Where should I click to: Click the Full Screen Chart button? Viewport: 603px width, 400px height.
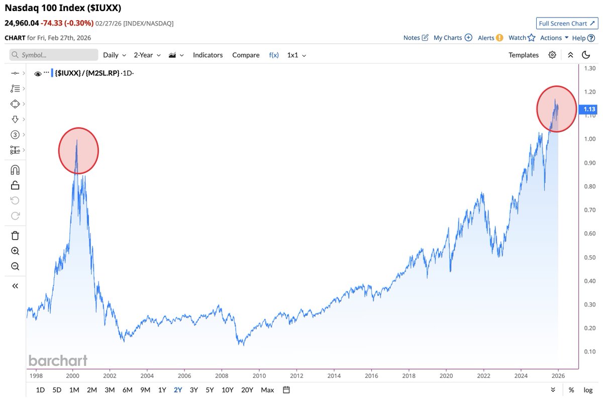(566, 24)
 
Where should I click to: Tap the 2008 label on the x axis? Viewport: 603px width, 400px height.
(222, 375)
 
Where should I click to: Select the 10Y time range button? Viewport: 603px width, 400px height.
(228, 390)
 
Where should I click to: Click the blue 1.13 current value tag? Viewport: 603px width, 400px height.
(588, 109)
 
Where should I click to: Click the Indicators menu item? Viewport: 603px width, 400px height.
(208, 55)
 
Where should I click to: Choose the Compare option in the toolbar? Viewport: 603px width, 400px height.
(246, 55)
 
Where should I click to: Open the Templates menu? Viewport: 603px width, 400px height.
(523, 55)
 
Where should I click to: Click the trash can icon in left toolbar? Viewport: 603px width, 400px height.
(15, 235)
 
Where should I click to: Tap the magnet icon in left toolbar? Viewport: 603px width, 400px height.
(15, 169)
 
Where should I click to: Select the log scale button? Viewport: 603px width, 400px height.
(588, 390)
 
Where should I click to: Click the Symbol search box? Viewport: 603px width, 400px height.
(54, 55)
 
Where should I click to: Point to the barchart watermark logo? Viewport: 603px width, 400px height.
(58, 360)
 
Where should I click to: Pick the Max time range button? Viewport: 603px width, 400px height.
(267, 390)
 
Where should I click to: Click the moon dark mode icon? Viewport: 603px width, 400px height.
(585, 55)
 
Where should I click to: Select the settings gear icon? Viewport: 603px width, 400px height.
(552, 55)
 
